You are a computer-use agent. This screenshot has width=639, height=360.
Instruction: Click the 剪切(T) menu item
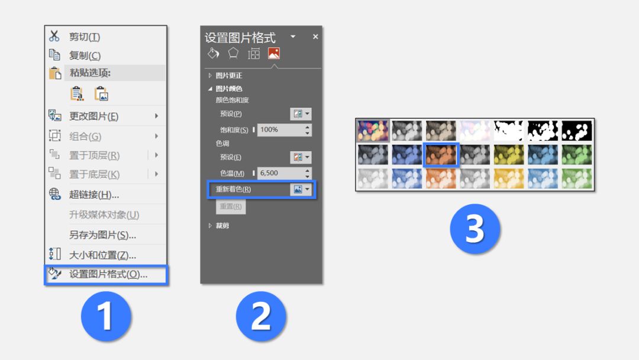85,37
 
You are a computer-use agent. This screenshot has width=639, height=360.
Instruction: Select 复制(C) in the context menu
85,56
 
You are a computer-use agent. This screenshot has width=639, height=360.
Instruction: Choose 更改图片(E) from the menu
93,116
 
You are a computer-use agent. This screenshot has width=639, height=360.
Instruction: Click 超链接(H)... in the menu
93,195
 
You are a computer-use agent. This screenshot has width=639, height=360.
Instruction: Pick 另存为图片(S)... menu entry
102,235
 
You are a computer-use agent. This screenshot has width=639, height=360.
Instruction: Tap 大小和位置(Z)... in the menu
102,255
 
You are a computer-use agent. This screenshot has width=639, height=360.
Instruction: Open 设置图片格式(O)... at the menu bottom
108,274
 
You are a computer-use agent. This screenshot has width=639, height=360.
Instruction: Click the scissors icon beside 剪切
54,36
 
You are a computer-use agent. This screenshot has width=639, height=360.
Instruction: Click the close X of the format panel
315,37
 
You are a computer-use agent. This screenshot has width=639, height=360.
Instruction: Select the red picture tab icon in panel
274,53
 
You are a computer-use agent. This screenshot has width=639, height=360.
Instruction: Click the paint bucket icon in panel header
214,53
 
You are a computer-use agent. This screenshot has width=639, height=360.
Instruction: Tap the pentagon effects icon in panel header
233,53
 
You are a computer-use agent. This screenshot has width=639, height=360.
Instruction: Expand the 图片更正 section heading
228,75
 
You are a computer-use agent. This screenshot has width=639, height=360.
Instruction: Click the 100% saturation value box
281,130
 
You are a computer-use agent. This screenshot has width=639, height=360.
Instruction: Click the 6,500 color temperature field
281,173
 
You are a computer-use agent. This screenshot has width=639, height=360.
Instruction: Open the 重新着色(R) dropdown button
301,189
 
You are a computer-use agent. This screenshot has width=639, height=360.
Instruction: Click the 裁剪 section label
222,226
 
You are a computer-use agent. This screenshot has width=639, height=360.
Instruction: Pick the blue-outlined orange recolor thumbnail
441,155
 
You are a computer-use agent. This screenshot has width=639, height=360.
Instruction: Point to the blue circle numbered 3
475,229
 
